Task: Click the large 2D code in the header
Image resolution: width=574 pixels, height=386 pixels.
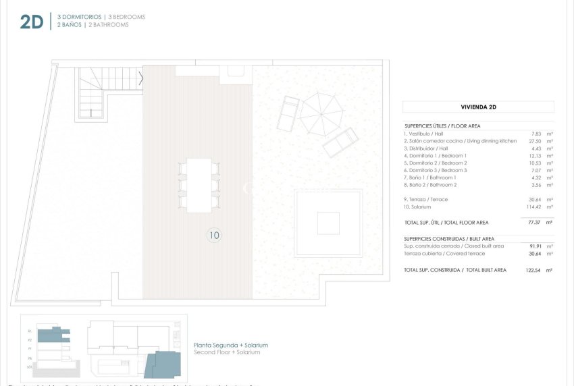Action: (31, 21)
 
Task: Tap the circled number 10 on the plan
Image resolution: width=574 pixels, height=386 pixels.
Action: (214, 236)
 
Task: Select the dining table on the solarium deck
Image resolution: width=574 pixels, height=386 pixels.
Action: (199, 185)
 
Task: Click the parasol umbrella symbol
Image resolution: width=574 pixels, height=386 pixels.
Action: (321, 113)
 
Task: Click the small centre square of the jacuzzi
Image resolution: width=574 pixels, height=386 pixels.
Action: (328, 223)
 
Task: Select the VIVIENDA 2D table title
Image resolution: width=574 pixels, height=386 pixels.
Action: (477, 107)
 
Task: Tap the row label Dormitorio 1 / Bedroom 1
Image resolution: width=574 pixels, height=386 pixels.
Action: (445, 155)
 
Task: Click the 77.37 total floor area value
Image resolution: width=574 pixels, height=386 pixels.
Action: (533, 222)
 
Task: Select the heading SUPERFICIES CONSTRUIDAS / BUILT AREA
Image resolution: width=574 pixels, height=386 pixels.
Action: (449, 239)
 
